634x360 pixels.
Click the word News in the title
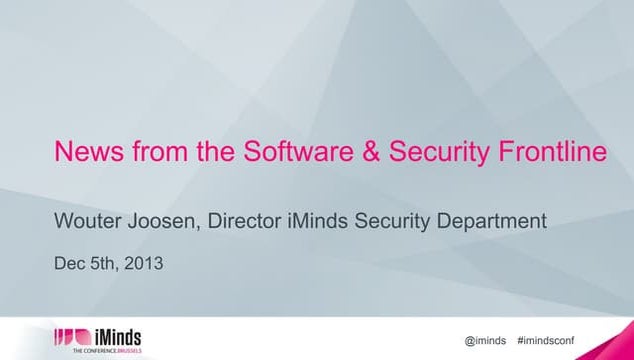coord(84,153)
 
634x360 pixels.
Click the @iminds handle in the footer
coord(487,340)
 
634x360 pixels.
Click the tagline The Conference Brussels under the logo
coord(99,352)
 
